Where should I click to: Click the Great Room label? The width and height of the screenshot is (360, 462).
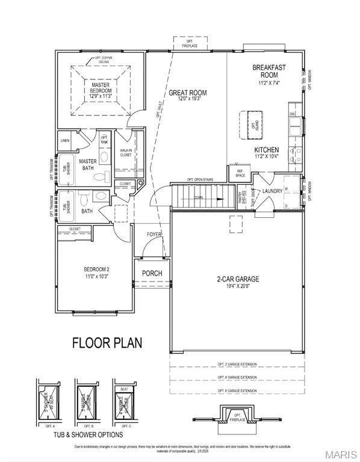(x=187, y=93)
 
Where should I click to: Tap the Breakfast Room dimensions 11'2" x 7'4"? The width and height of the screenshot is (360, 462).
(x=268, y=82)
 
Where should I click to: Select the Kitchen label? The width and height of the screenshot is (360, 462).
(x=266, y=149)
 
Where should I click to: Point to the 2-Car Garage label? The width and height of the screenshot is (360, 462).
(x=238, y=279)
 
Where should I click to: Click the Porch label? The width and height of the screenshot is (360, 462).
(x=152, y=273)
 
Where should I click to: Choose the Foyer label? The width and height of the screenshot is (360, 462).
(x=155, y=235)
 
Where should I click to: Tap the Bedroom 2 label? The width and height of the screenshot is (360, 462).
(x=96, y=269)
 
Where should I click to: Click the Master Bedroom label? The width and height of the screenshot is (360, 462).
(x=101, y=88)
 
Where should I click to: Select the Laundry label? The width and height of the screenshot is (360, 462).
(x=273, y=191)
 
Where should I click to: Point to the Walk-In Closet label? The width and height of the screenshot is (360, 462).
(x=126, y=153)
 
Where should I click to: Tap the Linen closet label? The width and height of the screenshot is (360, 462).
(x=65, y=140)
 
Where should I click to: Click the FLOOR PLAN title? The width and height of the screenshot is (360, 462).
(x=107, y=343)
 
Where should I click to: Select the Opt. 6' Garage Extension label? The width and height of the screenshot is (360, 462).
(x=237, y=390)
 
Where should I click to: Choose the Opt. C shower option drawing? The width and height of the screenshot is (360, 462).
(x=124, y=401)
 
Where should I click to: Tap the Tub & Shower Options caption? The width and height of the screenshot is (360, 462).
(x=88, y=434)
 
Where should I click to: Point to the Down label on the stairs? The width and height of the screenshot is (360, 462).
(x=198, y=197)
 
